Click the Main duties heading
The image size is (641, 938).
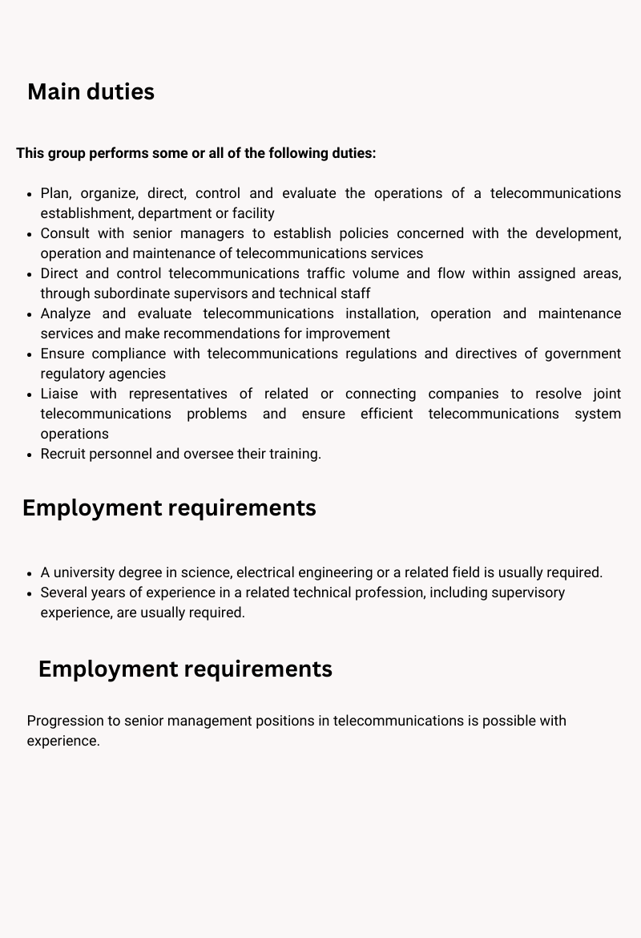(91, 92)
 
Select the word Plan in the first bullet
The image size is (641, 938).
(54, 193)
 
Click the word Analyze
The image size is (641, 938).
(65, 313)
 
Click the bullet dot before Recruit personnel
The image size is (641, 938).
(30, 455)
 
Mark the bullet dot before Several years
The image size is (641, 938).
(30, 593)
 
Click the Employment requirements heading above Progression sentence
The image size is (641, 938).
(185, 669)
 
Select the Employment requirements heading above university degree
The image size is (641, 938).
(169, 508)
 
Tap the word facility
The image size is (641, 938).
(253, 213)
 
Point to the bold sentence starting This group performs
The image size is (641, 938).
(196, 153)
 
